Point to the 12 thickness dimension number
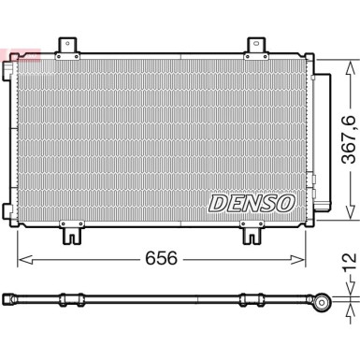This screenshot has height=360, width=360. pyautogui.click(x=348, y=257)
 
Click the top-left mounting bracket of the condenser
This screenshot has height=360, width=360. pyautogui.click(x=67, y=46)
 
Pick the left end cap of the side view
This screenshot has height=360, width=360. pyautogui.click(x=13, y=299)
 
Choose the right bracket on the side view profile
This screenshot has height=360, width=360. pyautogui.click(x=251, y=299)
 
